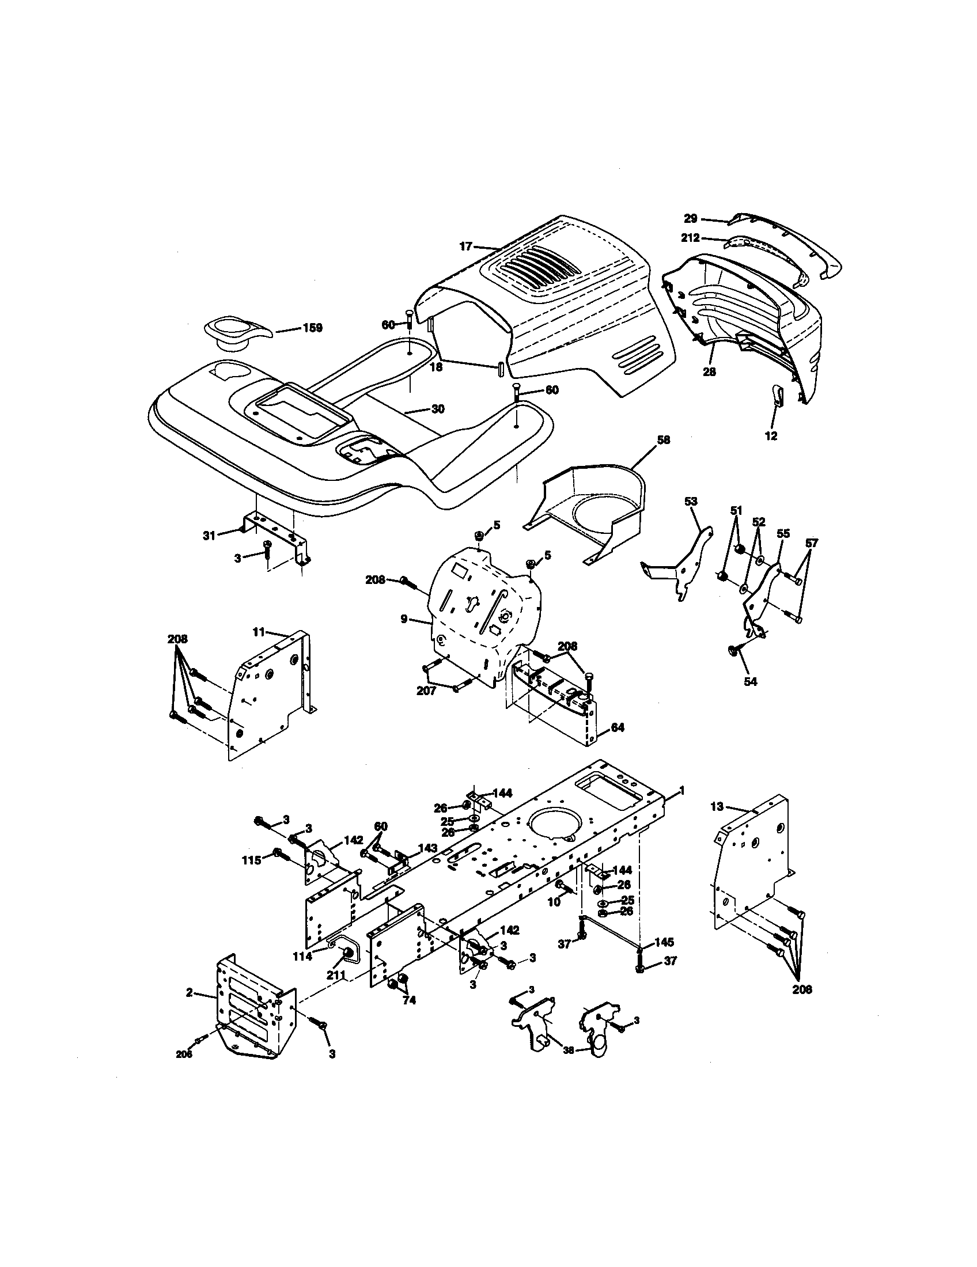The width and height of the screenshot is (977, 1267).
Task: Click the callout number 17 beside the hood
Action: click(x=466, y=246)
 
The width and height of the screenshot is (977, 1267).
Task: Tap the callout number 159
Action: click(x=312, y=328)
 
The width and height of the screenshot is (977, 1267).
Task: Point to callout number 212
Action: click(x=690, y=238)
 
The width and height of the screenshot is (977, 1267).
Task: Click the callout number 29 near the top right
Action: click(x=690, y=219)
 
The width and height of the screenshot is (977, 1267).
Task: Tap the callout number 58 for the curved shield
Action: click(x=663, y=440)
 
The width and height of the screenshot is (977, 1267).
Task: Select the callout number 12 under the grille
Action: click(x=771, y=437)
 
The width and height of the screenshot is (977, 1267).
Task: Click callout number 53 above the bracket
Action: click(x=691, y=501)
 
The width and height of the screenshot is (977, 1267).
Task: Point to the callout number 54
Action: click(x=750, y=682)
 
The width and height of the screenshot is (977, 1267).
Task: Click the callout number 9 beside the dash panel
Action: click(x=404, y=619)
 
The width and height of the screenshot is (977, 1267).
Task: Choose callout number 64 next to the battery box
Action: click(x=618, y=727)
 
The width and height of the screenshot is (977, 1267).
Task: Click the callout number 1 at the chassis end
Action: click(x=682, y=790)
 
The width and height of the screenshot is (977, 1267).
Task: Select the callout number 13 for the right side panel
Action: click(x=717, y=806)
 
